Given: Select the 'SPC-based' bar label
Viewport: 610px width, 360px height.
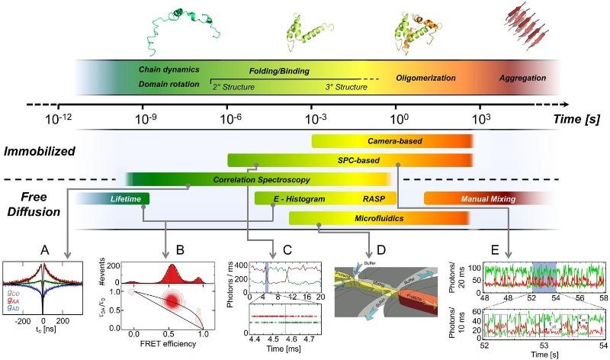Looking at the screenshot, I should [x=358, y=160].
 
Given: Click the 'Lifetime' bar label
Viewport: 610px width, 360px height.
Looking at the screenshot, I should [x=126, y=199].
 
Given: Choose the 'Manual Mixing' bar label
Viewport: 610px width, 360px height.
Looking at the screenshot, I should [x=489, y=199].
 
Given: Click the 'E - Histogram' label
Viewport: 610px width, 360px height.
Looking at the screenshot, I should [x=300, y=199].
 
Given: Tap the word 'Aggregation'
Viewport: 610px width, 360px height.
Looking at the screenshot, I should [x=522, y=78].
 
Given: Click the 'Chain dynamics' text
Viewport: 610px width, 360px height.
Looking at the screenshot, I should [x=164, y=69].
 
